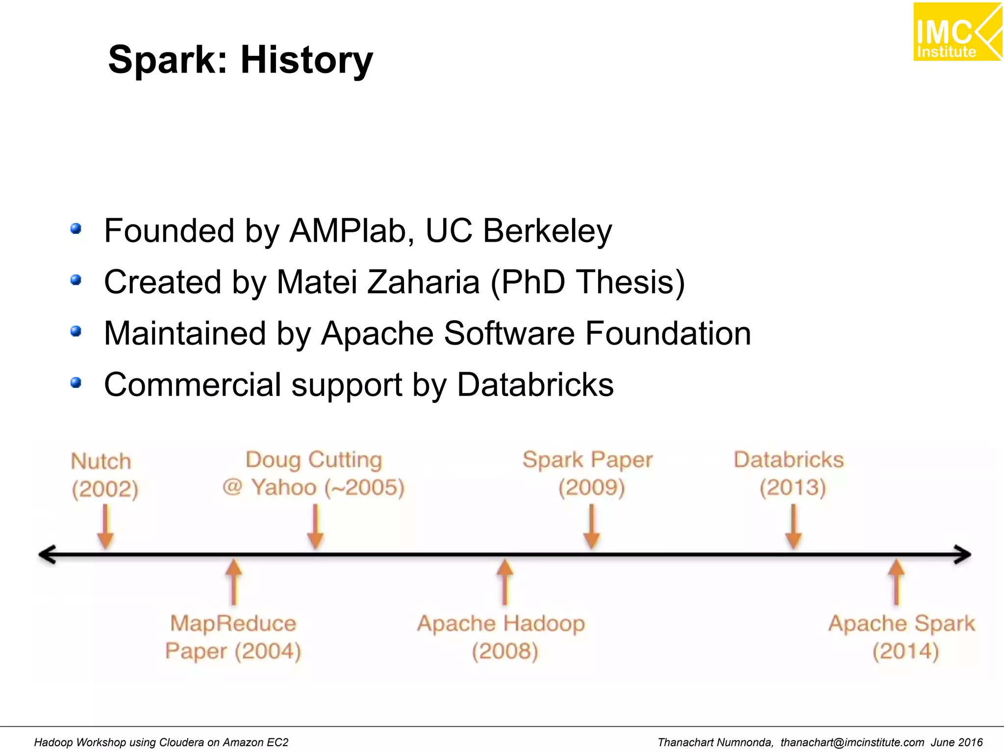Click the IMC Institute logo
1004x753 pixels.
click(957, 32)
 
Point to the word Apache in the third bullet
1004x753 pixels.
click(377, 333)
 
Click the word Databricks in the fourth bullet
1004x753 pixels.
click(535, 385)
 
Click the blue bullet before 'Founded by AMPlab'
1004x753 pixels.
click(76, 229)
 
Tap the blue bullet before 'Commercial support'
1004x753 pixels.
click(76, 383)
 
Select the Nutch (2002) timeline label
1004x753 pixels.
click(104, 475)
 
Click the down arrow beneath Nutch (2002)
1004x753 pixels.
click(105, 527)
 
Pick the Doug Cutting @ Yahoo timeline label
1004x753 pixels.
click(314, 473)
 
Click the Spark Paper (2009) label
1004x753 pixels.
click(588, 473)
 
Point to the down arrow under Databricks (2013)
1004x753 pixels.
click(793, 527)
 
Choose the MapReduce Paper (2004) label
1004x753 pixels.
click(233, 637)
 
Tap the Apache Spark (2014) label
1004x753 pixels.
click(902, 637)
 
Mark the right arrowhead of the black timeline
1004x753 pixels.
click(963, 554)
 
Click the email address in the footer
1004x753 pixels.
click(852, 742)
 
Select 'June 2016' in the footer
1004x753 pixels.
click(957, 742)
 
